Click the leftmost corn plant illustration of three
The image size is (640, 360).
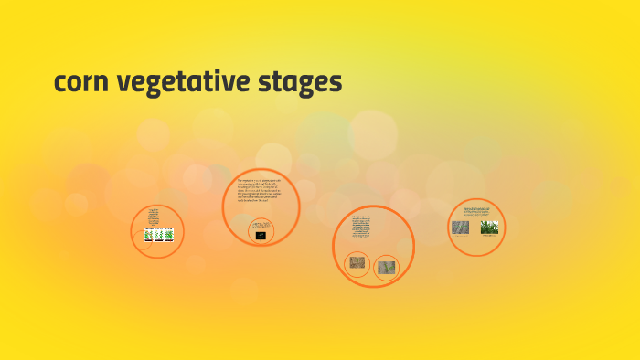(x=148, y=235)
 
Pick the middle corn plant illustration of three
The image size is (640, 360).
(x=158, y=235)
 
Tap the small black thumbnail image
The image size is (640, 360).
(x=261, y=236)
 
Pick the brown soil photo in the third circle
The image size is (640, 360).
(x=358, y=265)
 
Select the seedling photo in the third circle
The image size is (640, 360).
(x=387, y=267)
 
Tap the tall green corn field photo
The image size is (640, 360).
(x=489, y=226)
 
